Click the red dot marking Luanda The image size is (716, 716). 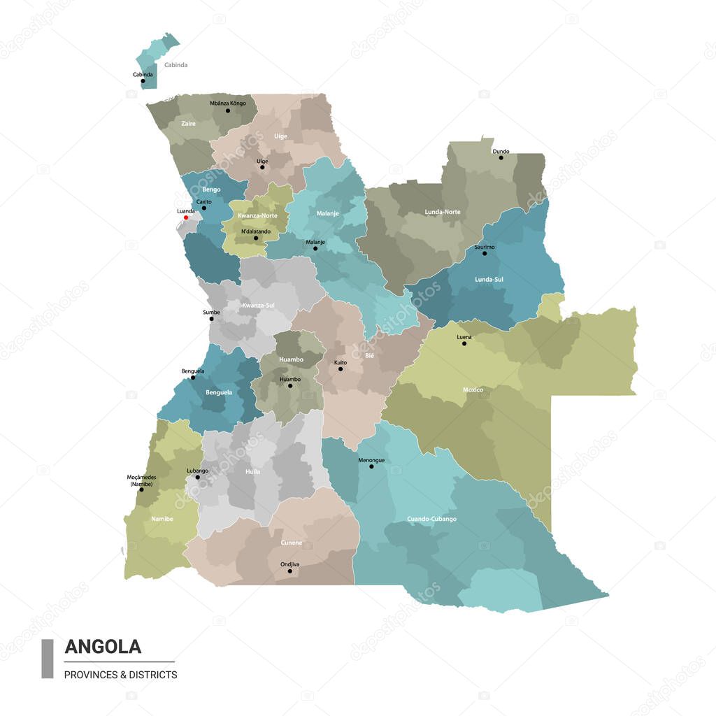[186, 217]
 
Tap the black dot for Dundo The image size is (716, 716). [501, 157]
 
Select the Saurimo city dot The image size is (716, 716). [485, 252]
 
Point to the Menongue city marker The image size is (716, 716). [371, 466]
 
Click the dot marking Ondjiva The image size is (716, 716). [289, 571]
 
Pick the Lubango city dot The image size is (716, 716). [197, 478]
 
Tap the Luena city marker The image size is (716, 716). [464, 343]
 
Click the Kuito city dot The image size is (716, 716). [341, 368]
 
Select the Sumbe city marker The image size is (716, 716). [211, 319]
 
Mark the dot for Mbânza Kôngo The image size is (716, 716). [227, 110]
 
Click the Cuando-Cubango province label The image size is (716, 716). [431, 519]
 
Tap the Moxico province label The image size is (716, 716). [473, 389]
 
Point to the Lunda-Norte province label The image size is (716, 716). [442, 211]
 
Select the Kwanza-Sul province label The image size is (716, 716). [258, 306]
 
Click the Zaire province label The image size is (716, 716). [188, 123]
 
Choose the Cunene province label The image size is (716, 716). [292, 543]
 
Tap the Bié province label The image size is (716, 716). [370, 356]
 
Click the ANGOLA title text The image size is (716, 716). [103, 647]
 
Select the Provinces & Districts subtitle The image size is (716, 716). [120, 675]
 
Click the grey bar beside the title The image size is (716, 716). [48, 659]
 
